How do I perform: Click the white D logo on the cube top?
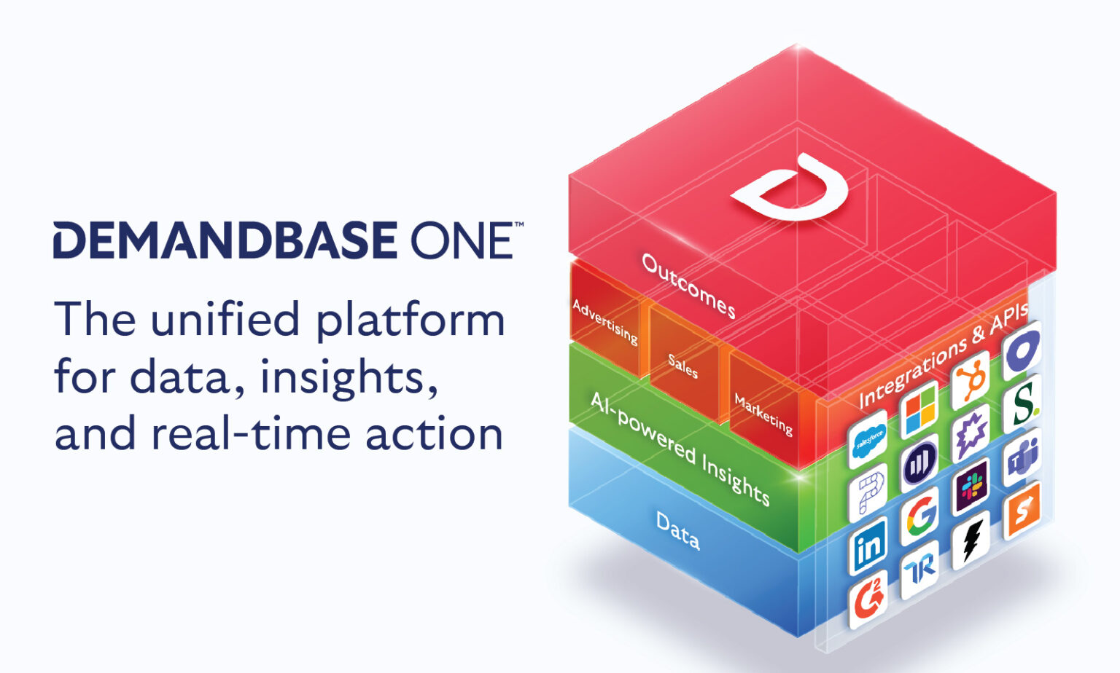pos(791,187)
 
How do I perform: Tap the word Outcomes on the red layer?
pos(688,286)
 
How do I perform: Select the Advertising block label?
pos(605,322)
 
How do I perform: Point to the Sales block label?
pos(683,365)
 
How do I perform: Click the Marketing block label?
pos(763,414)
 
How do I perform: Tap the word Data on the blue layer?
pos(678,530)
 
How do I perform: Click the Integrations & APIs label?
pos(944,355)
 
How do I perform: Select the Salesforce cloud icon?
pos(868,438)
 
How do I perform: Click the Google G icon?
pos(920,516)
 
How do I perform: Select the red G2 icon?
pos(868,600)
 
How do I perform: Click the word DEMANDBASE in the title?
pos(225,240)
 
